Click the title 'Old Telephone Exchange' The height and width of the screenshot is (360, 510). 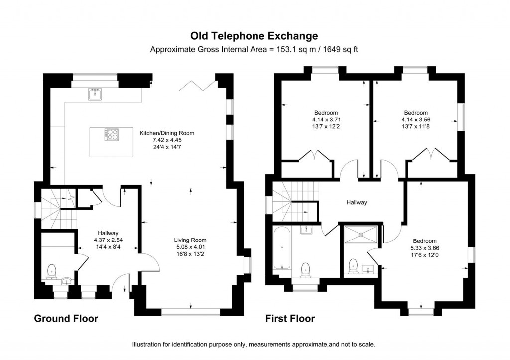(x=255, y=36)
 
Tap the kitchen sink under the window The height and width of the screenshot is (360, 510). (x=94, y=93)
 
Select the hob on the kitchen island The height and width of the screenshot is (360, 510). (x=111, y=134)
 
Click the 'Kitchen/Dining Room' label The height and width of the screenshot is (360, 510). (x=166, y=133)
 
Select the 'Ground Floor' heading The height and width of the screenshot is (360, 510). (x=66, y=318)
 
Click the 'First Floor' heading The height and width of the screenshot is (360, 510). (x=290, y=318)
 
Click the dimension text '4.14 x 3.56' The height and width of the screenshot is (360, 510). (x=415, y=120)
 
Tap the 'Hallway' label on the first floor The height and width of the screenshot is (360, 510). (x=357, y=203)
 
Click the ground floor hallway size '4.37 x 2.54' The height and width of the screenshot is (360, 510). (x=108, y=240)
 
